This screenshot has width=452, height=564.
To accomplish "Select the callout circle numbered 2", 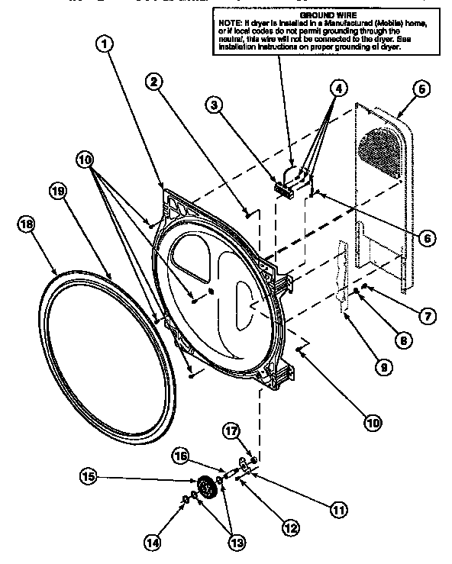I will [154, 82].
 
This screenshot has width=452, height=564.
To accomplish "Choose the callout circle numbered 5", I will [420, 89].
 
